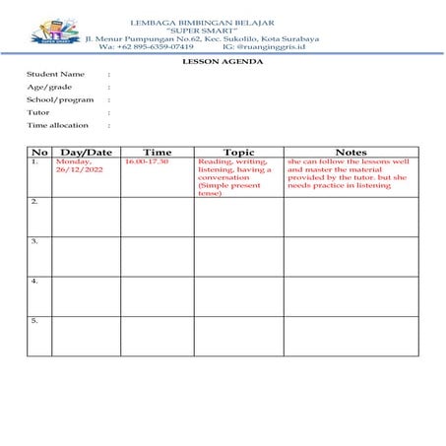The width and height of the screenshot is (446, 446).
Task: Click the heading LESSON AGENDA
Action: (x=223, y=61)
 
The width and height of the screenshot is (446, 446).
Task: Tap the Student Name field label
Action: (x=55, y=74)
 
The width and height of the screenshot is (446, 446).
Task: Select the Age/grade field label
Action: (x=49, y=87)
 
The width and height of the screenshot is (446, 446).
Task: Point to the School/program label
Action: (x=60, y=99)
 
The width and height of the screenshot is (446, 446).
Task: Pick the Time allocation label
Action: (x=57, y=125)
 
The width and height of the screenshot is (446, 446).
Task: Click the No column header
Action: (x=39, y=152)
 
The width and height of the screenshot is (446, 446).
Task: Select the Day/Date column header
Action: (x=87, y=152)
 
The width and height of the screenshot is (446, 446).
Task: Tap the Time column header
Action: (x=157, y=152)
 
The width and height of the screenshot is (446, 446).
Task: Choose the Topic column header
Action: (x=238, y=152)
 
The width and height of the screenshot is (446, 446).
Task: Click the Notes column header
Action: (x=350, y=152)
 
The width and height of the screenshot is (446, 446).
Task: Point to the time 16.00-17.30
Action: (x=147, y=161)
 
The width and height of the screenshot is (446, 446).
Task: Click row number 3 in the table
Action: (x=34, y=240)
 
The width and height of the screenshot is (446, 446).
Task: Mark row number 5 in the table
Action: (x=34, y=320)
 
